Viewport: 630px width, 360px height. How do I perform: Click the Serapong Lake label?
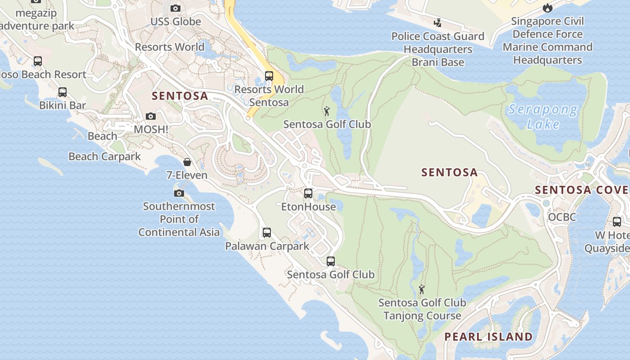(x=543, y=116)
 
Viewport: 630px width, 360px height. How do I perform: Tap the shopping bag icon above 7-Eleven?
(x=187, y=162)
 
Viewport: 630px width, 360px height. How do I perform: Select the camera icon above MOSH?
(x=151, y=117)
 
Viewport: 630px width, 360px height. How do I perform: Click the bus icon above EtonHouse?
(x=308, y=193)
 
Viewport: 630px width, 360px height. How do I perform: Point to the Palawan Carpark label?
(x=267, y=246)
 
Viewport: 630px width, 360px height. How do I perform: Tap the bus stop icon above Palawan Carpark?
(x=267, y=233)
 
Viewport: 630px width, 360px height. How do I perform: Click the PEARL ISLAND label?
(x=488, y=337)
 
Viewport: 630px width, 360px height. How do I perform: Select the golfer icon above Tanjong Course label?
(x=422, y=289)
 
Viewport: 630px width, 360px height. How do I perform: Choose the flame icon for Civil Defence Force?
(x=547, y=8)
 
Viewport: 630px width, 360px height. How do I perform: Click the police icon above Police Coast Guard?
(x=437, y=22)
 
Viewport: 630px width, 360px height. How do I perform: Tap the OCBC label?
(x=562, y=217)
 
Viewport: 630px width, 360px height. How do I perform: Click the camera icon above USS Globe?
(x=175, y=8)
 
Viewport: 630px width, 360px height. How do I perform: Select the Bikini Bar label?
(x=63, y=105)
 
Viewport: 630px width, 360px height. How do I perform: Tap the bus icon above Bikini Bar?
(x=63, y=92)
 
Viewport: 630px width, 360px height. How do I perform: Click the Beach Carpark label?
(x=104, y=157)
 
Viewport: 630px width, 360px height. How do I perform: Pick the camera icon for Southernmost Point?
(x=179, y=193)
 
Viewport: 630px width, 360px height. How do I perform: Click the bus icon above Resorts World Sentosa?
(x=269, y=76)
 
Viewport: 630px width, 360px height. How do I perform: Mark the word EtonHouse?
(x=308, y=207)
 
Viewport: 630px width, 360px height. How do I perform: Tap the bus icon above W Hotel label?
(x=617, y=221)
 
